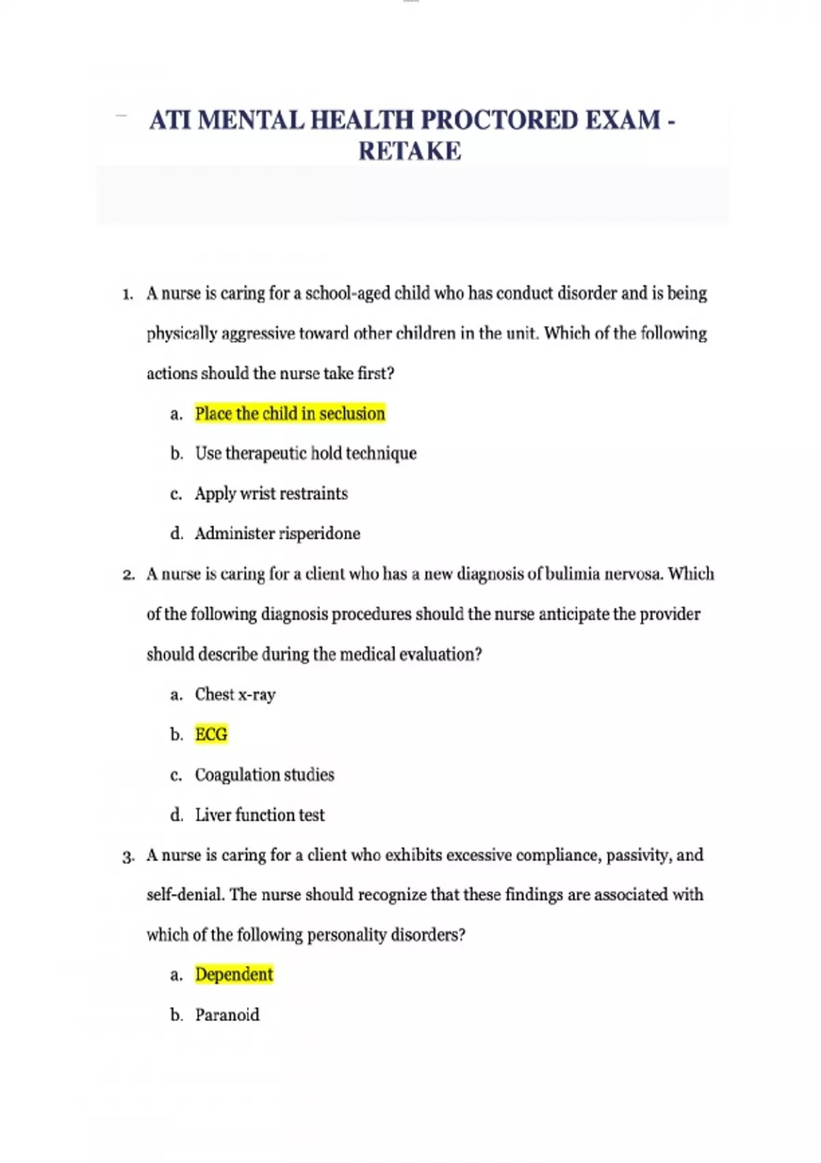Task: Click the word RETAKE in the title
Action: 410,151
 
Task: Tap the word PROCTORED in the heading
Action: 499,120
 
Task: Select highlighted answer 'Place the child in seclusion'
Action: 290,414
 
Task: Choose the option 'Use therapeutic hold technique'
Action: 306,454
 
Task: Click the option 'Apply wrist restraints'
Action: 271,494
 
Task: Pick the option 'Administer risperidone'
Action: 277,534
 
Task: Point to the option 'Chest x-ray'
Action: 235,694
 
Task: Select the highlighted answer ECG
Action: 211,735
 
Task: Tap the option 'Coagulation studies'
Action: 265,775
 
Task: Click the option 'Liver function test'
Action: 260,815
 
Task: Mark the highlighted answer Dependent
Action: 234,975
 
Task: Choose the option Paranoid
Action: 227,1015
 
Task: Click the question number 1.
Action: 127,295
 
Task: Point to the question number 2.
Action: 128,575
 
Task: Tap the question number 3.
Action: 128,857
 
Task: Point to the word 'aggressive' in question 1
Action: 258,334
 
